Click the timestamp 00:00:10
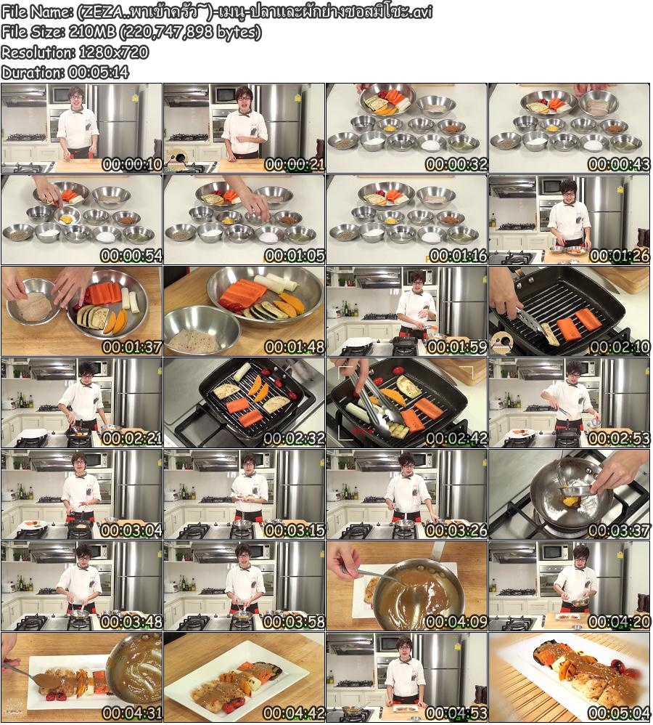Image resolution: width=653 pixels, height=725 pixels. [131, 164]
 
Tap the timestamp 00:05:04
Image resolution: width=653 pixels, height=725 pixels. [620, 713]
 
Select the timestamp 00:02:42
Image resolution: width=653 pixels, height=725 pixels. [456, 438]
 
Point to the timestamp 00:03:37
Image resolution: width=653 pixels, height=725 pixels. [620, 530]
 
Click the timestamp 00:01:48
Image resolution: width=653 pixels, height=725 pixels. [294, 347]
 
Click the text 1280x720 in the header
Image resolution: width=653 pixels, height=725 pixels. [114, 52]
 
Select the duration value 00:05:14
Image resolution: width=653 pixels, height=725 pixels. [99, 73]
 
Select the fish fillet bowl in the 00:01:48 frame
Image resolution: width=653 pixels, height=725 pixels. [202, 329]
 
